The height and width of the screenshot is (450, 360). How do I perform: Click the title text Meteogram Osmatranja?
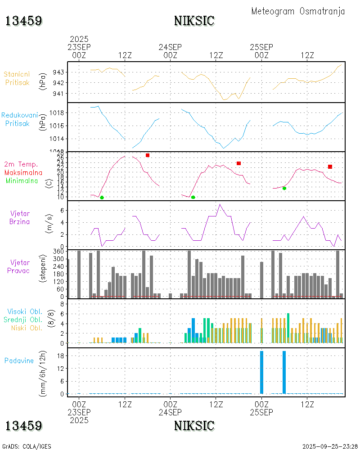(298, 11)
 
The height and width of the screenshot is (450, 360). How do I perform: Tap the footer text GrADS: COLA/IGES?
(27, 446)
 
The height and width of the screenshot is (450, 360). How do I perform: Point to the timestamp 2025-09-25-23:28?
(330, 446)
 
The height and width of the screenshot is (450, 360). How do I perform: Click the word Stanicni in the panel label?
(17, 74)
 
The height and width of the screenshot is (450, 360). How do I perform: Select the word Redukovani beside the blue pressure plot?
(19, 115)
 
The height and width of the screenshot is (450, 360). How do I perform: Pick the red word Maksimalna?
(23, 172)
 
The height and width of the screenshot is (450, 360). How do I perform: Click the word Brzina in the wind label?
(19, 221)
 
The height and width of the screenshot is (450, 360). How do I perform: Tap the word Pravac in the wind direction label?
(19, 270)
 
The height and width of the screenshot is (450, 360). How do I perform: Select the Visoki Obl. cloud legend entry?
(25, 311)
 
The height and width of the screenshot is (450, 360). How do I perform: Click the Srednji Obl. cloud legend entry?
(25, 319)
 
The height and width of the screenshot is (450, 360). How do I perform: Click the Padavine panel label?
(19, 360)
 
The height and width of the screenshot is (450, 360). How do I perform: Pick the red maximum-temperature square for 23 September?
(148, 155)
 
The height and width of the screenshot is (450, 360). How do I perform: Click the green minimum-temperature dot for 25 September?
(284, 188)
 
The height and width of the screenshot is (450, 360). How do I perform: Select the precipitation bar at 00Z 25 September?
(261, 372)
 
